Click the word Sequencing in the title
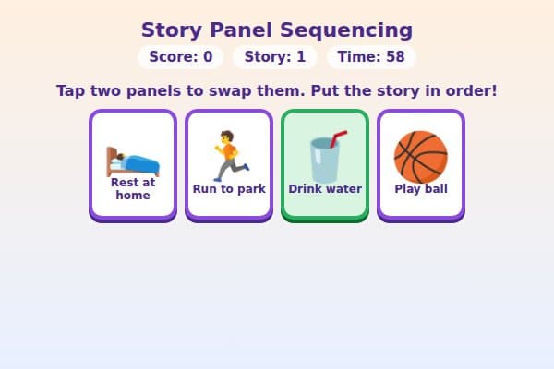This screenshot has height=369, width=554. pyautogui.click(x=355, y=30)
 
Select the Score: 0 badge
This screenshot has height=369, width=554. pyautogui.click(x=181, y=57)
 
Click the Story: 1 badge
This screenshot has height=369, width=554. pyautogui.click(x=275, y=57)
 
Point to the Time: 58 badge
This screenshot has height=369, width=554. pyautogui.click(x=371, y=57)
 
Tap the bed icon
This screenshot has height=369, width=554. pyautogui.click(x=133, y=160)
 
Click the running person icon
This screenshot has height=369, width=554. pyautogui.click(x=229, y=156)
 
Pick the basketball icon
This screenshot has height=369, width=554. pyautogui.click(x=421, y=156)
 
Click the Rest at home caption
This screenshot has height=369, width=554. pyautogui.click(x=133, y=188)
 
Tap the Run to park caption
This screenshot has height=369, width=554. pyautogui.click(x=229, y=189)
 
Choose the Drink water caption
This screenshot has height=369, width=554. pyautogui.click(x=325, y=189)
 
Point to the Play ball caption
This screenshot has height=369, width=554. pyautogui.click(x=421, y=189)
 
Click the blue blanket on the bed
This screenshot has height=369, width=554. pyautogui.click(x=140, y=164)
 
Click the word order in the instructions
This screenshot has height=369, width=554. pyautogui.click(x=469, y=91)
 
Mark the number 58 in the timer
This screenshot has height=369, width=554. pyautogui.click(x=395, y=57)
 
